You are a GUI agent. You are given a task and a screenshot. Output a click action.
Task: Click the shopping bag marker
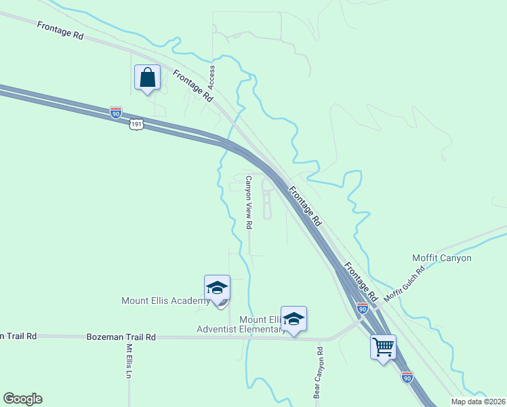(147, 78)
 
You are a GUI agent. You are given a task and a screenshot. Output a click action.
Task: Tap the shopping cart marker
(383, 347)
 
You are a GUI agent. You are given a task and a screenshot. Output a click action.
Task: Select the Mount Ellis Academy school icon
(217, 289)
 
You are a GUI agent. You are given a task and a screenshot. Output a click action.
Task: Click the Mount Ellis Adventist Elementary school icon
(293, 319)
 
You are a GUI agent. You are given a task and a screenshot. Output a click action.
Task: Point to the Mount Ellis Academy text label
(165, 301)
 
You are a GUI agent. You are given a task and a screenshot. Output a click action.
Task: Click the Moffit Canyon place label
(441, 258)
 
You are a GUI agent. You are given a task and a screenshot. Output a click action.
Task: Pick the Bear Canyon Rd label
(317, 372)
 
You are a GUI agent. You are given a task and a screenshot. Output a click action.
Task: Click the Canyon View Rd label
(249, 202)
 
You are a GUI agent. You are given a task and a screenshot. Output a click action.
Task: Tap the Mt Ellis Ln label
(129, 360)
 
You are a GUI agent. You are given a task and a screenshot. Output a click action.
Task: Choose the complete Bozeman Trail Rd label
(121, 336)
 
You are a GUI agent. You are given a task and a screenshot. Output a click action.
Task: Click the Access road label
(211, 77)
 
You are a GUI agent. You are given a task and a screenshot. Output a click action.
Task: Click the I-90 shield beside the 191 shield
(116, 113)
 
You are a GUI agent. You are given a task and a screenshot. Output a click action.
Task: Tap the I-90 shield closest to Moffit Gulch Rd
(363, 309)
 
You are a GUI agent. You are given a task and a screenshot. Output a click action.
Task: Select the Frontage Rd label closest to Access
(192, 86)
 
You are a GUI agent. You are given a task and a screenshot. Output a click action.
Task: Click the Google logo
(22, 399)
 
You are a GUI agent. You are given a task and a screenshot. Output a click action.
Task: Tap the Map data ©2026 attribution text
(479, 402)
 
